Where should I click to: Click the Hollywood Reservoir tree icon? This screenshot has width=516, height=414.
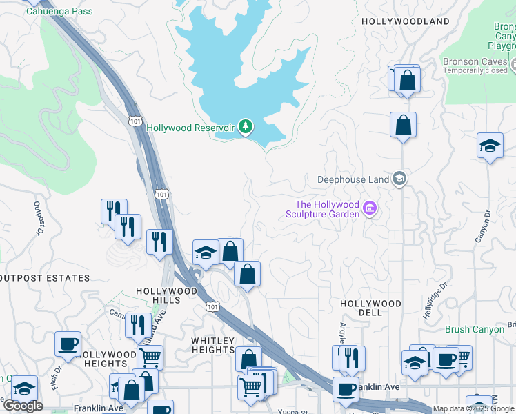click(245, 126)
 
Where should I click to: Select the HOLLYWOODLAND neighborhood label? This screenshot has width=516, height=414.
click(406, 21)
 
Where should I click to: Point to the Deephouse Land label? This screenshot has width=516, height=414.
click(353, 179)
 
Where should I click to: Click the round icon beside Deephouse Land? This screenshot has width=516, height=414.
click(399, 179)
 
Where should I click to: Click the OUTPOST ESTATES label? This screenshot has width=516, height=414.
click(45, 278)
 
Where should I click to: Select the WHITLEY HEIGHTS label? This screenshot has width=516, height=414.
click(213, 345)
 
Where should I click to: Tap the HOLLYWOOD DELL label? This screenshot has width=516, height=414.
click(370, 308)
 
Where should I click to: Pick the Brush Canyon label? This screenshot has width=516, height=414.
click(475, 330)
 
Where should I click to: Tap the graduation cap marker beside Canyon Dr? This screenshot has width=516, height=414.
click(490, 146)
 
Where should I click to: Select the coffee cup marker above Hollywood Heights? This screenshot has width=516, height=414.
click(68, 344)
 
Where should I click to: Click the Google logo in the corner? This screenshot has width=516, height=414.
click(23, 406)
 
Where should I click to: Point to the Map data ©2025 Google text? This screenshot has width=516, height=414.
click(473, 409)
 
